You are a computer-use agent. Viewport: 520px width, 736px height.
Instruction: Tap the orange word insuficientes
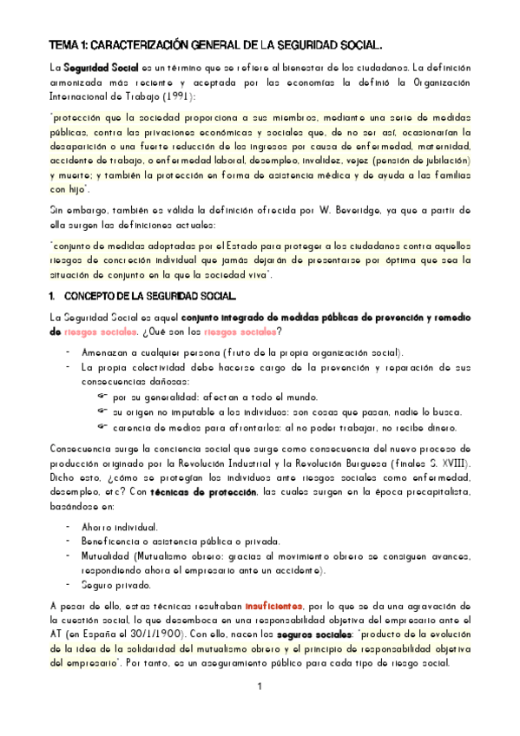(273, 605)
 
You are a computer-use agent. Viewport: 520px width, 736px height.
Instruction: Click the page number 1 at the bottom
(259, 687)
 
